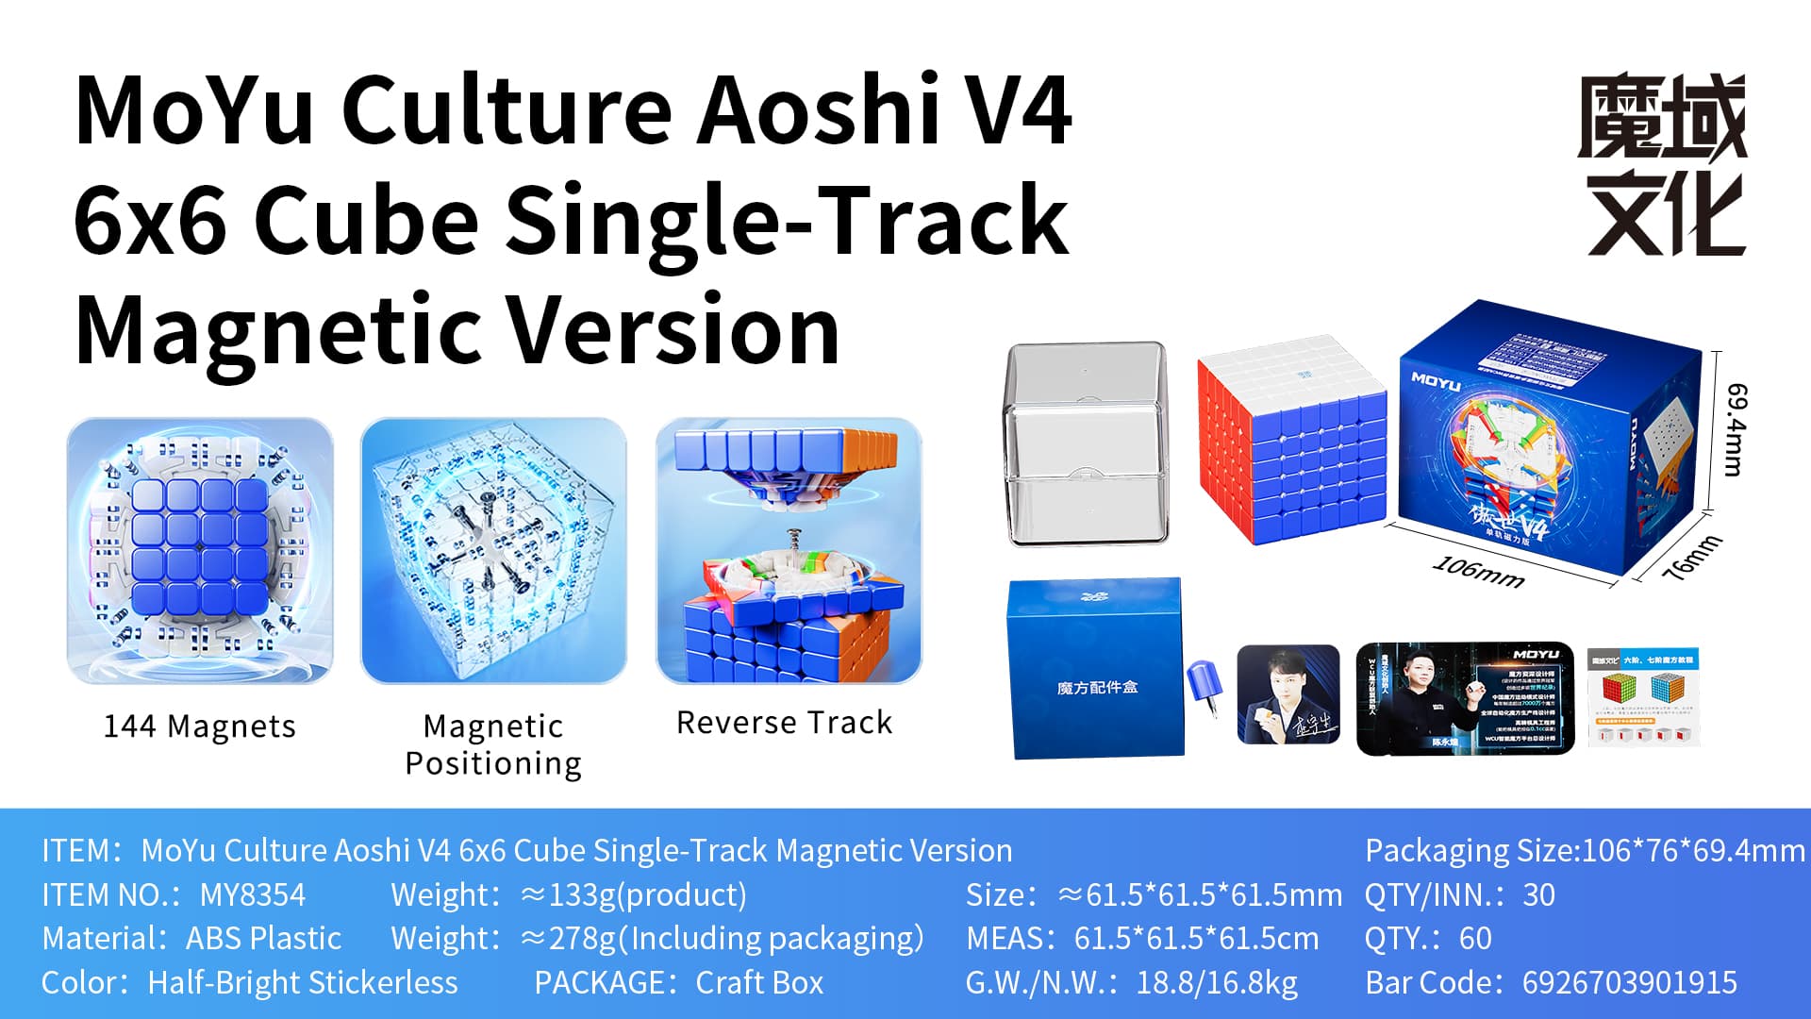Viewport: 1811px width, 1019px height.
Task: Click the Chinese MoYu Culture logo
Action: [x=1663, y=165]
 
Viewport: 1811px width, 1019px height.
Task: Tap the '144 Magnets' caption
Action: [x=199, y=727]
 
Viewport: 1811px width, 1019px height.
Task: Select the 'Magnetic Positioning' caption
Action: [x=493, y=744]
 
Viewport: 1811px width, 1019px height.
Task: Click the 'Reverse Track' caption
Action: [x=784, y=723]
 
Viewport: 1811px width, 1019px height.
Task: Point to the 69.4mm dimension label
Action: [x=1736, y=429]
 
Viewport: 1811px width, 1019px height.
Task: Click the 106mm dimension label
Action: [x=1478, y=572]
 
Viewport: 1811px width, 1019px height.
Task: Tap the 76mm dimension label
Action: [x=1690, y=559]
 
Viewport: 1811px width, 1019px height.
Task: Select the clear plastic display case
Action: [x=1086, y=443]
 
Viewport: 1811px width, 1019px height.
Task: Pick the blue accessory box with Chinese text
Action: [x=1096, y=668]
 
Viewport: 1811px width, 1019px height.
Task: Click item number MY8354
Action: [x=253, y=894]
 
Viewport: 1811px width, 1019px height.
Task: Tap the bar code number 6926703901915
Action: [x=1629, y=982]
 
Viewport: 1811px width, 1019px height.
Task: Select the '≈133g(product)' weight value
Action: [x=633, y=894]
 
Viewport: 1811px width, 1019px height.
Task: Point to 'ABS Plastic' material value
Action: [x=263, y=938]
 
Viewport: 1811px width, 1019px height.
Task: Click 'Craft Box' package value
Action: [x=759, y=982]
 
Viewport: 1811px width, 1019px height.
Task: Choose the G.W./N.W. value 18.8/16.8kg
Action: [x=1217, y=982]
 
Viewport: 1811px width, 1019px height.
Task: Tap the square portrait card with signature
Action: [x=1288, y=695]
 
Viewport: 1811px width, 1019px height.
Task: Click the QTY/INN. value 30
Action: [x=1538, y=894]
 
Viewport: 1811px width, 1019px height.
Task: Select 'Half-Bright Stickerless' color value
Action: [x=303, y=982]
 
